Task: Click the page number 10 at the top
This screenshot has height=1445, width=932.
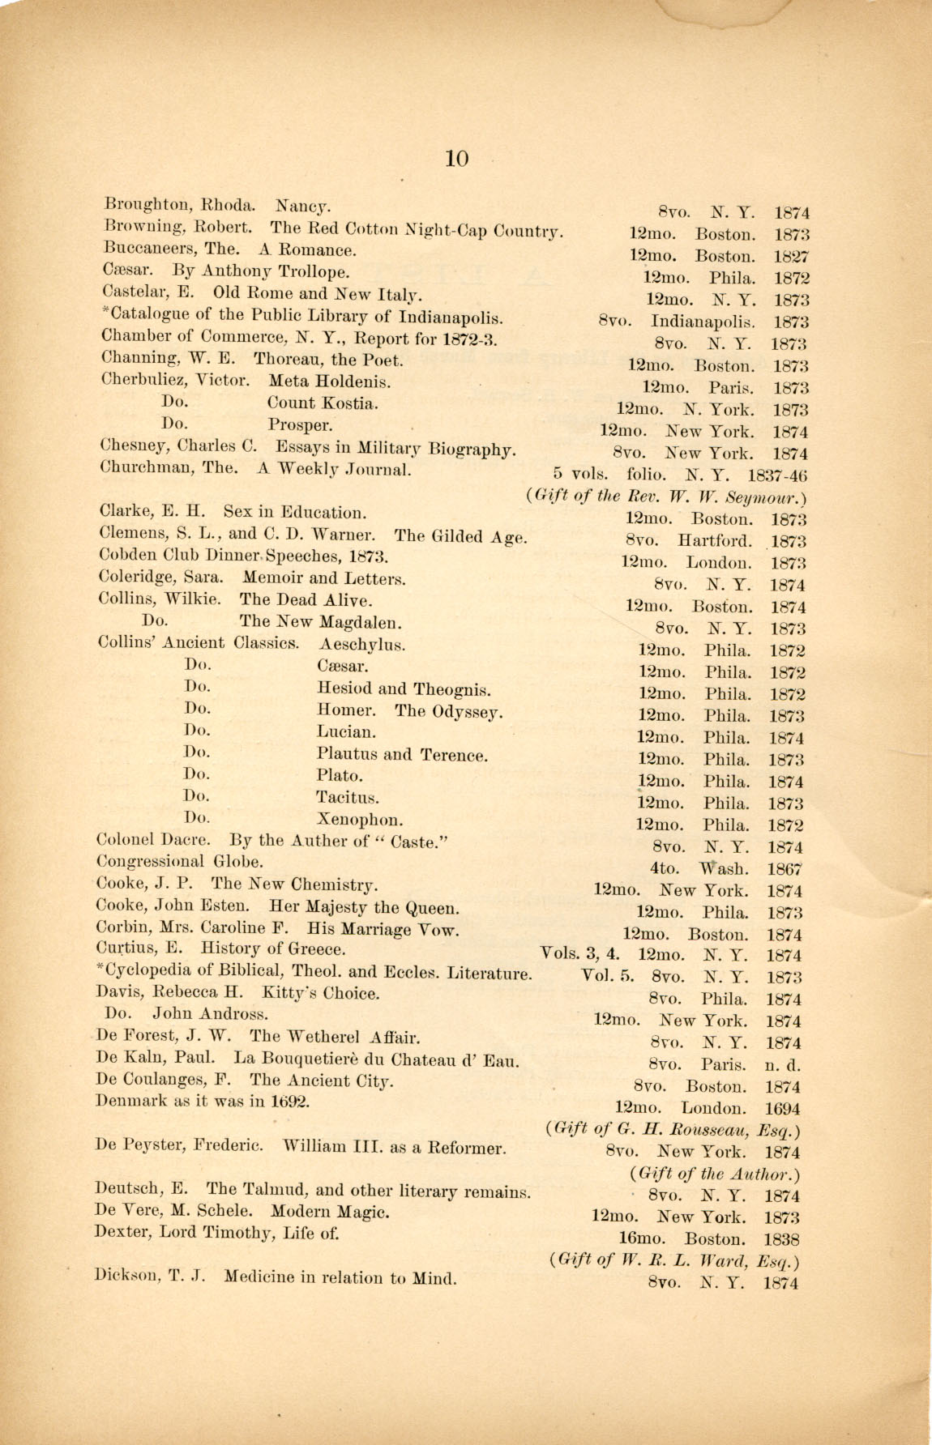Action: tap(456, 159)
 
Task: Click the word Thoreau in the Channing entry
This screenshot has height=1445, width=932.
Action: tap(284, 360)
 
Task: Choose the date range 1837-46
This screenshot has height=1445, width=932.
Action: tap(777, 475)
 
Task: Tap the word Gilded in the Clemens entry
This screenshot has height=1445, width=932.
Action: tap(469, 536)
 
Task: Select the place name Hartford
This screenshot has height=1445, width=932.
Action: tap(715, 541)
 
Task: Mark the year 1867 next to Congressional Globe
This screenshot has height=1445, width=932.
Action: tap(785, 869)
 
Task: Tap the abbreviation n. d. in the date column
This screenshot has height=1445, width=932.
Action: tap(782, 1065)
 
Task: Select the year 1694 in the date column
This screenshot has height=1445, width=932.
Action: tap(782, 1109)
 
